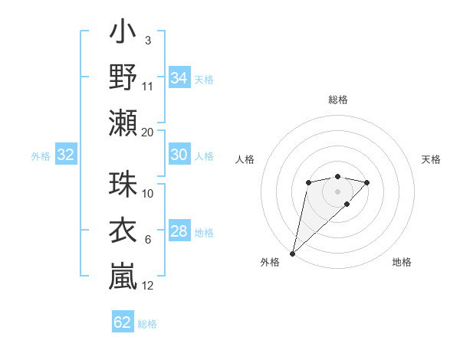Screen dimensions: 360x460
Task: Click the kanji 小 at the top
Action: pos(123,34)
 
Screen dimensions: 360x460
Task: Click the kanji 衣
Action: pos(123,231)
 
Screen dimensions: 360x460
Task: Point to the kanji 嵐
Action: pos(123,275)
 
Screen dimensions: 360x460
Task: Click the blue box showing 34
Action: pos(179,78)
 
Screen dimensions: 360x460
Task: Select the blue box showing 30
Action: pos(179,155)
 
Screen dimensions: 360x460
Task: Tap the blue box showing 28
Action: pos(179,231)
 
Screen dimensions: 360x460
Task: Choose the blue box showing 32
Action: pos(65,155)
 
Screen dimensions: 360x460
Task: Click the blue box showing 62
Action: pos(123,322)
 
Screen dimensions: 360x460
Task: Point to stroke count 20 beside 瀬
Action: pos(148,133)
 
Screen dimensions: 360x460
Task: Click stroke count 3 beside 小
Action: pos(147,40)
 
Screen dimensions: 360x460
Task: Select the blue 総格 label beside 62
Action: pos(148,324)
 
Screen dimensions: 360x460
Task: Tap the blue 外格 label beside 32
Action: pos(41,156)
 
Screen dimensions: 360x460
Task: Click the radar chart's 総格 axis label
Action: pos(337,100)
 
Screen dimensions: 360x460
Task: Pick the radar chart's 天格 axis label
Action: pos(432,159)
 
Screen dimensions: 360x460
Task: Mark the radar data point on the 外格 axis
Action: pos(292,253)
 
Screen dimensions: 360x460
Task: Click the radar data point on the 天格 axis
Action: pos(367,182)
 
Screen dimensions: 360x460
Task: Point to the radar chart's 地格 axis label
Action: pos(402,262)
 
